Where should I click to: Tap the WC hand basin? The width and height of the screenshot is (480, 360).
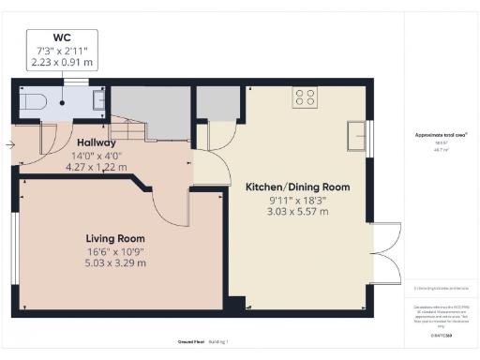[x=98, y=100]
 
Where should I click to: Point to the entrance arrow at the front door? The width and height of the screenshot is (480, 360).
[x=9, y=145]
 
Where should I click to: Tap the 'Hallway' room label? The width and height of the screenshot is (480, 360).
[x=97, y=142]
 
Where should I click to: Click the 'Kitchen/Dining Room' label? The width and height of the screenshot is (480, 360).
[x=297, y=187]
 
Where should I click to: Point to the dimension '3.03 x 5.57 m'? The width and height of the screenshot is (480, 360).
[x=297, y=213]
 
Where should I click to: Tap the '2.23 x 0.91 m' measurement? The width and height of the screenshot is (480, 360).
[x=63, y=62]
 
